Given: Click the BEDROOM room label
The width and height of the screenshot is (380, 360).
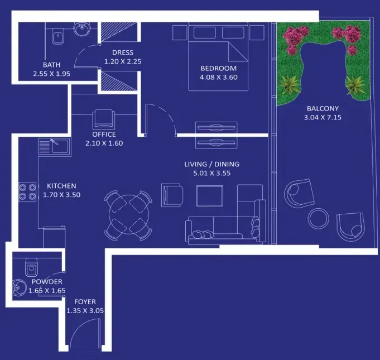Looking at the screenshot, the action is click(218, 68).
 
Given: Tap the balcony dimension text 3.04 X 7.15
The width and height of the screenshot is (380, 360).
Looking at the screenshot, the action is click(323, 118).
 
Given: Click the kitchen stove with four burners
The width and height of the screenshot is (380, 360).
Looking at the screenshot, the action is click(28, 191).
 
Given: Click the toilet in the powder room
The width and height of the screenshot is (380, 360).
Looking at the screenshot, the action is click(31, 267).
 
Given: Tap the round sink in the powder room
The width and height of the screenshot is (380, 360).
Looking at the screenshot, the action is click(19, 288).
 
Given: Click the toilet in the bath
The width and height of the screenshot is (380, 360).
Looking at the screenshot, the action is click(58, 37).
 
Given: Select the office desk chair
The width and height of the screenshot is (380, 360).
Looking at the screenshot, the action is click(104, 119).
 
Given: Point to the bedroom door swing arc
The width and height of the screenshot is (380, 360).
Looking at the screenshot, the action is click(165, 114).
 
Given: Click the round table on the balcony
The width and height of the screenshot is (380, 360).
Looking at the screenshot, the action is click(319, 218).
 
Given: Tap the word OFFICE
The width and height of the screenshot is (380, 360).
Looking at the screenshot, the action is click(104, 135).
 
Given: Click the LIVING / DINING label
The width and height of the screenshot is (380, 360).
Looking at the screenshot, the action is click(212, 164).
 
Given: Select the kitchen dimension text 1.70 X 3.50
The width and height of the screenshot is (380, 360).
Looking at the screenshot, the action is click(61, 195).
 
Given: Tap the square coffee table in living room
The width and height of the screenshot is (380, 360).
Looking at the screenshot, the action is click(210, 196).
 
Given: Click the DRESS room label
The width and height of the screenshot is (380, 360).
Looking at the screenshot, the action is click(123, 52).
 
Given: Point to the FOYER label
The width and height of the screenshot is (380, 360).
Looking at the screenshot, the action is click(85, 302).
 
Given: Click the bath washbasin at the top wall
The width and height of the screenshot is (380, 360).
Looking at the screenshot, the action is click(82, 29).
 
